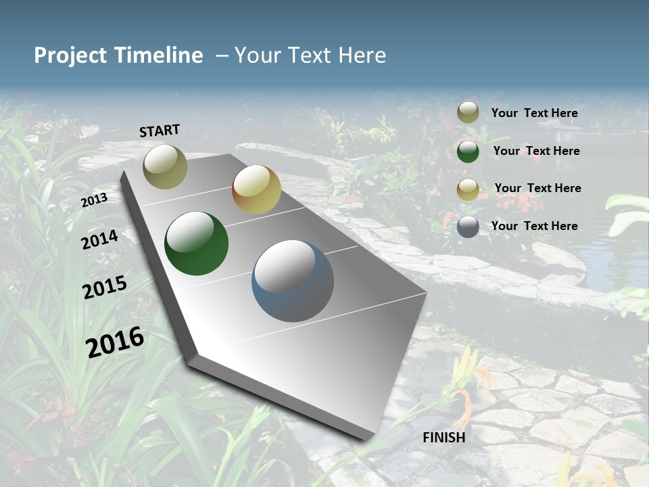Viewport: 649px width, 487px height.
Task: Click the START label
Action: click(160, 131)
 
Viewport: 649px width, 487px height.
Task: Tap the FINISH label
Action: click(443, 438)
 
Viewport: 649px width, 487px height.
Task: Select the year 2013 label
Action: click(94, 200)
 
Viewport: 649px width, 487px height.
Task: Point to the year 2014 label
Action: click(100, 239)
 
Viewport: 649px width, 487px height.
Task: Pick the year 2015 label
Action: click(105, 287)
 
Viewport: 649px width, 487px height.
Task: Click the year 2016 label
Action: click(115, 342)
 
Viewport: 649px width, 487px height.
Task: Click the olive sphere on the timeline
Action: click(165, 166)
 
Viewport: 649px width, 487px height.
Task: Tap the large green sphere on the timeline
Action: click(196, 243)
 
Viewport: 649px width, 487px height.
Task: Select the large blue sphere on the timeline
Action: click(293, 281)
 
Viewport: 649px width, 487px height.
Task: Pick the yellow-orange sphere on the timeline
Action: click(256, 189)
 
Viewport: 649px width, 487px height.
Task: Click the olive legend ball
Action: click(468, 113)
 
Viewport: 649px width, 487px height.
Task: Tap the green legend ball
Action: click(468, 151)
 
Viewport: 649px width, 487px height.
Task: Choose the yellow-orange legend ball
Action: click(468, 189)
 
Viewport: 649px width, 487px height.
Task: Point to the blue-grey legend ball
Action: click(468, 227)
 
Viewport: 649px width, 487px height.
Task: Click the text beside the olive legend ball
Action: click(534, 113)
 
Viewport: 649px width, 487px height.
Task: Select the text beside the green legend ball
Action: click(536, 151)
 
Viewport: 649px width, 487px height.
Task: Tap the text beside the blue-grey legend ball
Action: click(534, 226)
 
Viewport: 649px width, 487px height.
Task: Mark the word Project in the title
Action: click(70, 55)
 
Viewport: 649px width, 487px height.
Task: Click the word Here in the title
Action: click(362, 55)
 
